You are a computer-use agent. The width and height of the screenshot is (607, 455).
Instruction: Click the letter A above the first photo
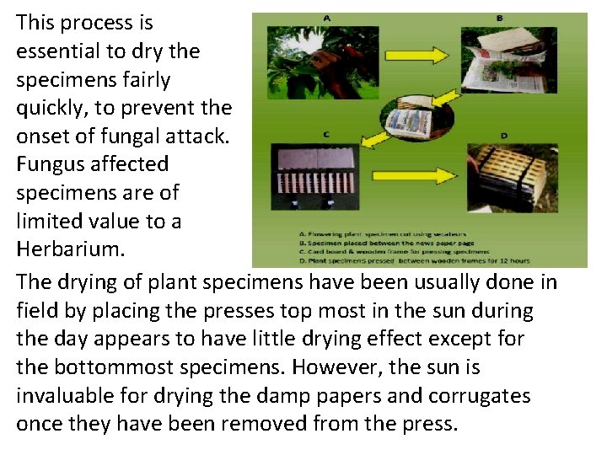point(326,17)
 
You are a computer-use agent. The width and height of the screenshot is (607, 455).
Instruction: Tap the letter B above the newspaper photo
point(499,17)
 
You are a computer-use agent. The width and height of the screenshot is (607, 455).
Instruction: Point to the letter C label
point(325,134)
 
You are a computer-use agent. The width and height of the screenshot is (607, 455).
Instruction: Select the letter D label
point(503,135)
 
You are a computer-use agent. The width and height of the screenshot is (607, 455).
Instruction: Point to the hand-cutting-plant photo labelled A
point(312,63)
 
